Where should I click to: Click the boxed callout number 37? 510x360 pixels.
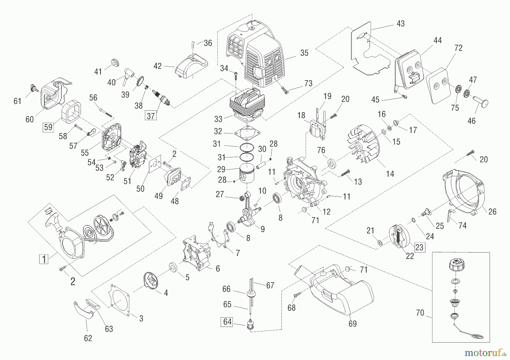tap(151, 115)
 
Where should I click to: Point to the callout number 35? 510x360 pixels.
tap(304, 53)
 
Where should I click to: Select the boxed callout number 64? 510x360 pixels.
tap(228, 322)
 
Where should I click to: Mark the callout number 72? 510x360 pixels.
tap(458, 48)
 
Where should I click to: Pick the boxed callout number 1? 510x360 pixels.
tap(44, 259)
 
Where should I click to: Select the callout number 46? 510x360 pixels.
tap(471, 121)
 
